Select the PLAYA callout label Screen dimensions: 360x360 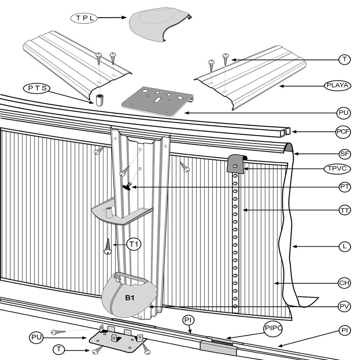pyautogui.click(x=337, y=86)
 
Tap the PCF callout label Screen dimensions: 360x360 pyautogui.click(x=343, y=132)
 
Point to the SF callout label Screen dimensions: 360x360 pyautogui.click(x=345, y=154)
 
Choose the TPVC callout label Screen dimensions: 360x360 pyautogui.click(x=337, y=168)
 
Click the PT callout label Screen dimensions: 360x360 pyautogui.click(x=345, y=186)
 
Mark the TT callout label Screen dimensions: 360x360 pyautogui.click(x=345, y=210)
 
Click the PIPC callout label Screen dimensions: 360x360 pyautogui.click(x=273, y=328)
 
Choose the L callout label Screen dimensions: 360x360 pyautogui.click(x=345, y=247)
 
